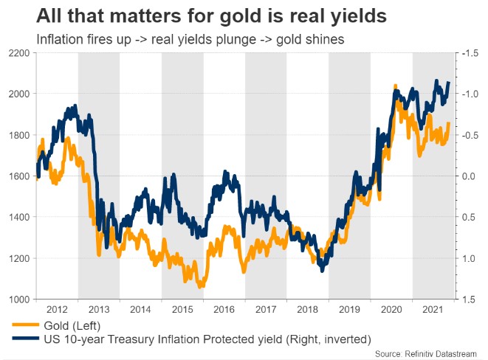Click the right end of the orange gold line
(448, 123)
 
